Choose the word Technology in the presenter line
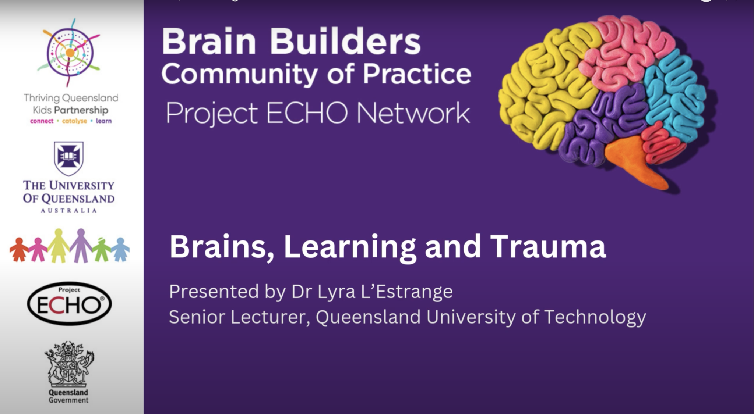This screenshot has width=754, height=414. point(595,317)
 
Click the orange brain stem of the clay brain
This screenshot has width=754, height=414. point(635,162)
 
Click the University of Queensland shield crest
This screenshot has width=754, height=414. point(69,158)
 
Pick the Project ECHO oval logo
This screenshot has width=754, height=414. point(69,304)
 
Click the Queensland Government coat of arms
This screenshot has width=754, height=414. point(69,364)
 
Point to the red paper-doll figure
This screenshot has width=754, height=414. point(18,250)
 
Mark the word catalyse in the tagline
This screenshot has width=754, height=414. point(74,121)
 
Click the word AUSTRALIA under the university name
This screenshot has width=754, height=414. point(69,211)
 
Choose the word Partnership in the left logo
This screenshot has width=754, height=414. point(81,110)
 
